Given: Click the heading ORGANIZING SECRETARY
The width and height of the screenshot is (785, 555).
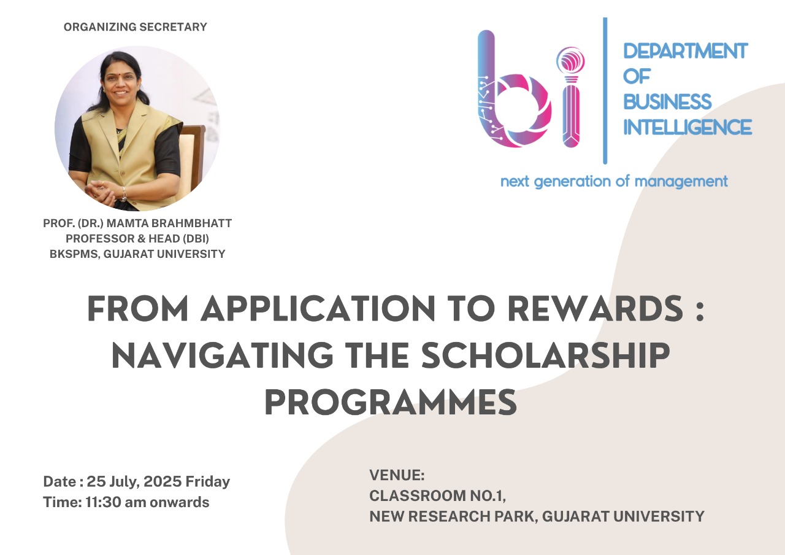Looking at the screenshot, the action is coord(136,27).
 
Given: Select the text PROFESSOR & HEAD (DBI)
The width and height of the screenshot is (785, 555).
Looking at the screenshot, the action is coord(137,239).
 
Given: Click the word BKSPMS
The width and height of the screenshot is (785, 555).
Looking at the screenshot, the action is coord(75,254).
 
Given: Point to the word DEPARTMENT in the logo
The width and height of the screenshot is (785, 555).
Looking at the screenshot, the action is coord(686,51).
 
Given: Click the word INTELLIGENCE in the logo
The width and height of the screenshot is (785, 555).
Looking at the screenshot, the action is coord(687,127).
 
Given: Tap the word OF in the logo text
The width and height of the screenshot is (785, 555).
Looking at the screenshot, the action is coord(637,76).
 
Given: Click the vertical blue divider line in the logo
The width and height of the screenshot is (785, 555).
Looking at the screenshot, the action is coord(605,90).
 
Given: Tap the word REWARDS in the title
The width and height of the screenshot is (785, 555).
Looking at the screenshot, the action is coord(595,309).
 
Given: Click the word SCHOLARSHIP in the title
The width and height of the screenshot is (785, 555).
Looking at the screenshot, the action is coord(546,355).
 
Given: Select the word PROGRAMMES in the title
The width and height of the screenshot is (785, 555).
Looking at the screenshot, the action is coord(391,402).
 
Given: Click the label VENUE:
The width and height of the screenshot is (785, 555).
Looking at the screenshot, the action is coord(397,475).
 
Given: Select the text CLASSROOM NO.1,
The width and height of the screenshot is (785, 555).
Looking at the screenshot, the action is coord(438,496).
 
